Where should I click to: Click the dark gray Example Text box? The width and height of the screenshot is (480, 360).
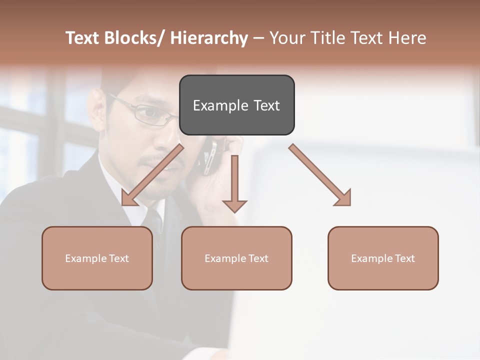236,105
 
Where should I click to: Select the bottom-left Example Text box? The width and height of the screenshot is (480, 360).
97,258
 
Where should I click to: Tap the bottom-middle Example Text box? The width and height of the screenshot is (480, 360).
236,258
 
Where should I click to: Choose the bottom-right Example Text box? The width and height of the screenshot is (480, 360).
383,258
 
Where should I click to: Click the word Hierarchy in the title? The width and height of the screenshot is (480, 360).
208,38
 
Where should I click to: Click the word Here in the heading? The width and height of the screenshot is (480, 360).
407,38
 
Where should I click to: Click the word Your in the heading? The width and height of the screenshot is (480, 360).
287,38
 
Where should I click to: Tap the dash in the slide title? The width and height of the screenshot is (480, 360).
258,38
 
